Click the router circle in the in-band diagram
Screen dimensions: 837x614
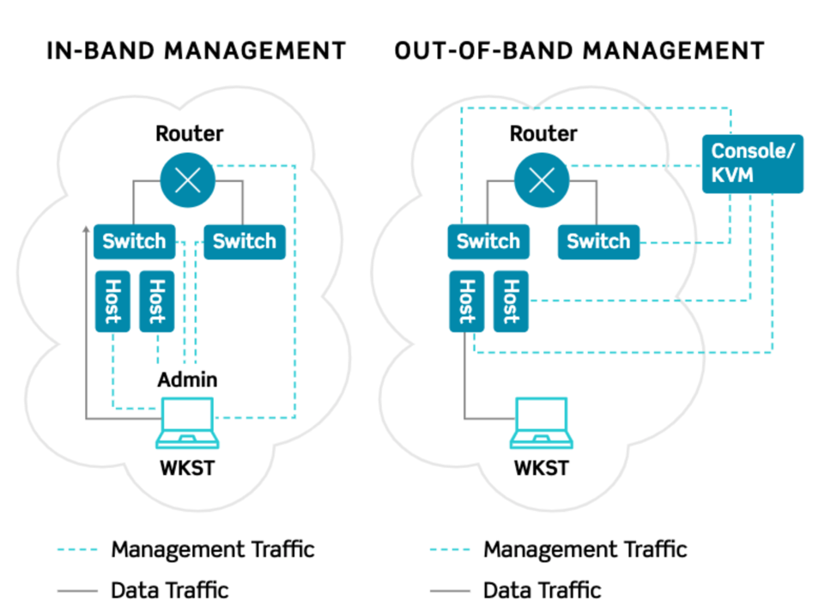[x=188, y=180]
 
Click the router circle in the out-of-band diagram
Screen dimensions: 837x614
[x=542, y=180]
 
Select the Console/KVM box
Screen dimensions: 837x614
[x=753, y=164]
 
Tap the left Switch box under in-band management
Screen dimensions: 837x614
[x=135, y=241]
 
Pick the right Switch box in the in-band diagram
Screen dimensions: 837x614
[x=245, y=241]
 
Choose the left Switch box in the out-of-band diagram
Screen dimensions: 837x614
[x=488, y=241]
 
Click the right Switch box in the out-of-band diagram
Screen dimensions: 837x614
[x=598, y=241]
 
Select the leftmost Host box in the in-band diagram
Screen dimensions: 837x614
[x=112, y=301]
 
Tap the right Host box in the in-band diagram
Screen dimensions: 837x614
[x=157, y=301]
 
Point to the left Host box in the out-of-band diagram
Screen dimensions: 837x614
[x=466, y=301]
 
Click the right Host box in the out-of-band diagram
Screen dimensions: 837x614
[x=511, y=301]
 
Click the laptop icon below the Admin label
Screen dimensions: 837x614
[x=187, y=423]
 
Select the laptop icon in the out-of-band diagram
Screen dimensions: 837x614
[x=542, y=423]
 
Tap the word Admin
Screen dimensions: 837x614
[x=187, y=380]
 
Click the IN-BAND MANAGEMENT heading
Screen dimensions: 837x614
[x=197, y=51]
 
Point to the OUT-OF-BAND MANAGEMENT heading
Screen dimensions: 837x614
[x=579, y=51]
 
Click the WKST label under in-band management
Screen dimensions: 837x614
[x=187, y=468]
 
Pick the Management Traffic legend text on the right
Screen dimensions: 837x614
[x=585, y=550]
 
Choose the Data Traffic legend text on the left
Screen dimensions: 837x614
[x=170, y=591]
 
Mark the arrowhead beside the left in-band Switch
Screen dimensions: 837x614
[x=86, y=229]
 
